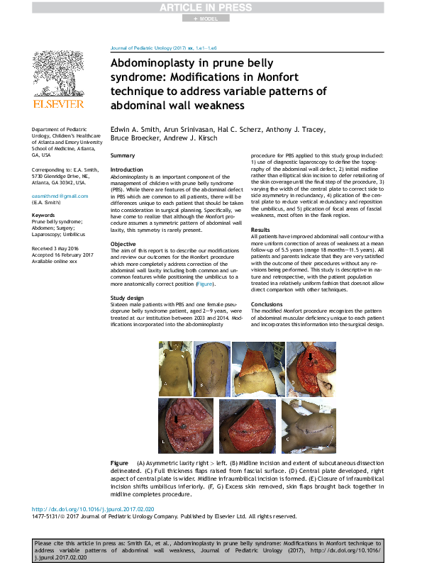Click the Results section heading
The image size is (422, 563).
coord(260,230)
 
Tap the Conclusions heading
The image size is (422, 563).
coord(267,304)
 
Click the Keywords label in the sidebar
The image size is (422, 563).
coord(44,214)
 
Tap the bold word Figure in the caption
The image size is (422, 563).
coord(119,462)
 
